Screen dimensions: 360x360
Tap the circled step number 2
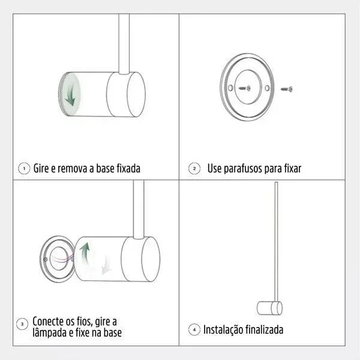tap(194, 169)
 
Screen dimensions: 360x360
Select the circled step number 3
tap(23, 325)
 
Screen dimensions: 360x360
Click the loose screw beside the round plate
tap(287, 89)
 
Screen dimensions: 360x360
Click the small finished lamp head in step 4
tap(269, 308)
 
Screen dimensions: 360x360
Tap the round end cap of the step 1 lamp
tap(135, 94)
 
